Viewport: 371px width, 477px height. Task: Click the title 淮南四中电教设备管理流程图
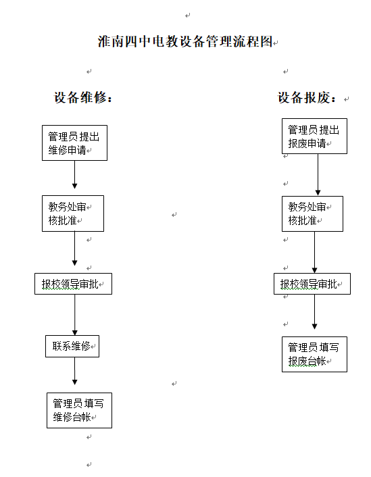pyautogui.click(x=185, y=41)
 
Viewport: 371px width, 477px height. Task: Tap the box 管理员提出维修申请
pyautogui.click(x=74, y=143)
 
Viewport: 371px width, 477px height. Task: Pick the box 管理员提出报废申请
pyautogui.click(x=314, y=136)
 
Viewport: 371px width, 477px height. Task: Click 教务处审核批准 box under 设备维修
pyautogui.click(x=73, y=214)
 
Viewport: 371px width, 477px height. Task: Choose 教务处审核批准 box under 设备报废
pyautogui.click(x=313, y=214)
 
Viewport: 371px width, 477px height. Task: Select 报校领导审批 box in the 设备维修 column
pyautogui.click(x=74, y=284)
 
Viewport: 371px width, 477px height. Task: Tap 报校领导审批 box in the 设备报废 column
pyautogui.click(x=312, y=284)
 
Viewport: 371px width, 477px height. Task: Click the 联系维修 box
pyautogui.click(x=72, y=346)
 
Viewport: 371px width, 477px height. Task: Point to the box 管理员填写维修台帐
pyautogui.click(x=80, y=410)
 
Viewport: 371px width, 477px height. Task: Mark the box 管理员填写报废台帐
pyautogui.click(x=314, y=354)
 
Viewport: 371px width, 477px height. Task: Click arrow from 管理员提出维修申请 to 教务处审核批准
pyautogui.click(x=74, y=174)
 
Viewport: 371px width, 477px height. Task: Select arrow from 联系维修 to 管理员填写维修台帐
pyautogui.click(x=74, y=371)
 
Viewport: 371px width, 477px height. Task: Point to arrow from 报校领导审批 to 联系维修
pyautogui.click(x=75, y=315)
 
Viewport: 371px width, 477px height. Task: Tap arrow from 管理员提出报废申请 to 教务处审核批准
pyautogui.click(x=318, y=174)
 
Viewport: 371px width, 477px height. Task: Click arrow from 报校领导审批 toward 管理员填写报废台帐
pyautogui.click(x=315, y=312)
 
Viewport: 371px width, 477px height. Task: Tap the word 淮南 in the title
pyautogui.click(x=111, y=41)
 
